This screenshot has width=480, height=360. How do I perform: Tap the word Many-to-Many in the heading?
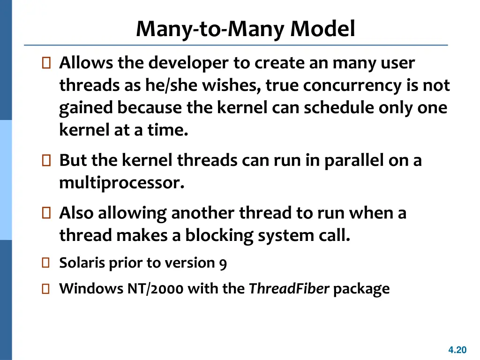coord(211,30)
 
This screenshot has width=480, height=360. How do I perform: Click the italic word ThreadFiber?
coord(289,289)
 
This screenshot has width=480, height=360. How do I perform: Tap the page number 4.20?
coord(457,350)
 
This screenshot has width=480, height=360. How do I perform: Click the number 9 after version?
coord(223,264)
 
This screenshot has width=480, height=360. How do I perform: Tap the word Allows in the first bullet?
coord(87,63)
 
